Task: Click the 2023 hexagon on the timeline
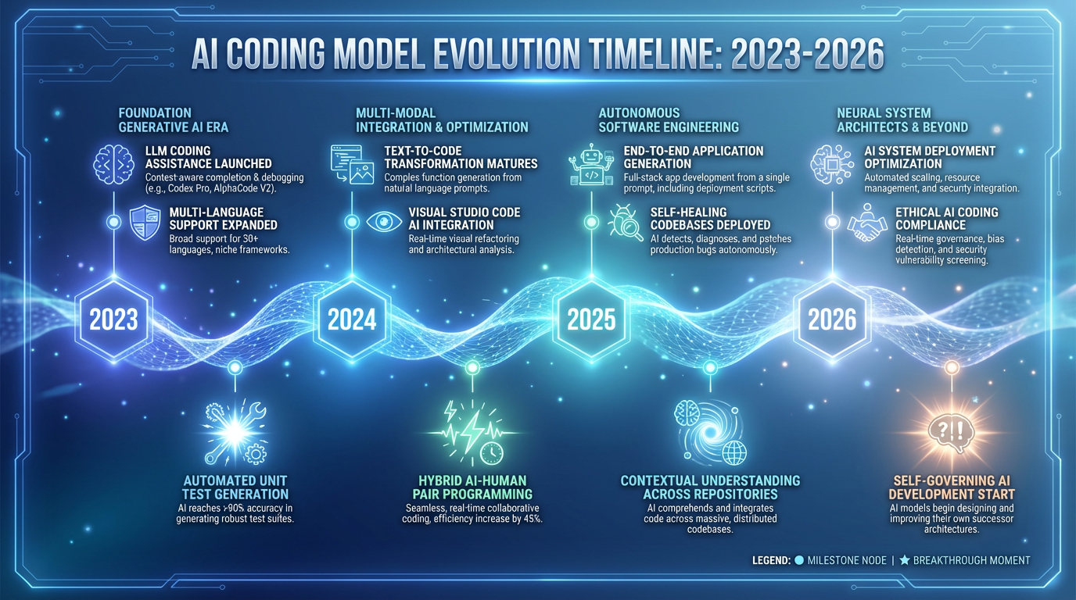tap(114, 319)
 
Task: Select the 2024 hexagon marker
tap(352, 319)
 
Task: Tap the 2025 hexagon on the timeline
tap(592, 319)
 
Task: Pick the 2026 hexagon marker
tap(832, 319)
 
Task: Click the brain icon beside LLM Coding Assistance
tap(109, 162)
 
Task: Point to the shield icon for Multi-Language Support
tap(145, 222)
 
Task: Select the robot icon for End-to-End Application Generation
tap(591, 165)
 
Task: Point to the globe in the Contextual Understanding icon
tap(734, 452)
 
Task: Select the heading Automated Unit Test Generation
tap(235, 487)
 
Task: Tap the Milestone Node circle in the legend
tap(799, 560)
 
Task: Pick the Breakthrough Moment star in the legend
tap(905, 560)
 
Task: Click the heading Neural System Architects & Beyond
tap(902, 120)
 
